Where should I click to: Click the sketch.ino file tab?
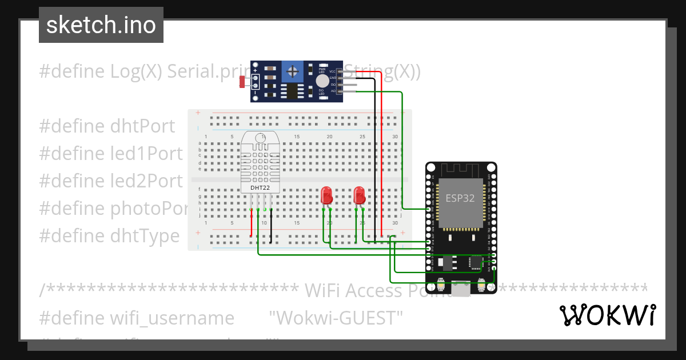click(x=101, y=25)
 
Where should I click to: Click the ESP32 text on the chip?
click(x=460, y=198)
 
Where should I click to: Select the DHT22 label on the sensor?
click(x=260, y=187)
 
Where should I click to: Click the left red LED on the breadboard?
click(x=326, y=195)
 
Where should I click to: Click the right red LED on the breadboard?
click(x=359, y=195)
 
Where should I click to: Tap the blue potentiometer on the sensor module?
click(x=293, y=71)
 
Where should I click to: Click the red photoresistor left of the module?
click(x=242, y=82)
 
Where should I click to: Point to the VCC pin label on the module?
click(x=332, y=71)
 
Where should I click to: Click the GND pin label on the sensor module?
click(x=332, y=77)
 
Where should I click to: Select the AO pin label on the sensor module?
click(x=332, y=91)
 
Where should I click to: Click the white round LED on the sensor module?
click(x=321, y=81)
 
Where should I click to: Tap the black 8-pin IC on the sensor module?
click(x=292, y=91)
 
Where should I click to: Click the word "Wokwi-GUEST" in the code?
click(x=336, y=318)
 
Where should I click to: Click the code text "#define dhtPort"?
click(x=107, y=126)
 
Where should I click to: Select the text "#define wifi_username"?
click(x=137, y=318)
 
